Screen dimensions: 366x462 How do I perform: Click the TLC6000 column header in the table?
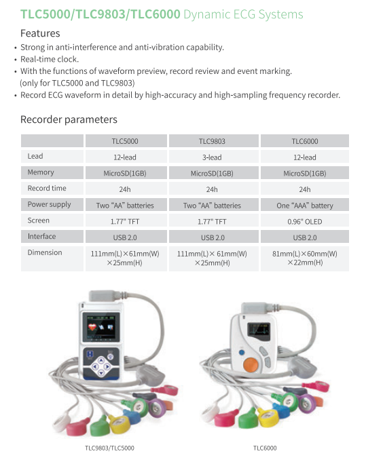pyautogui.click(x=305, y=141)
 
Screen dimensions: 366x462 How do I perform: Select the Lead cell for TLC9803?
pyautogui.click(x=212, y=157)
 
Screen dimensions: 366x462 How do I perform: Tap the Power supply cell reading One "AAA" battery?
pyautogui.click(x=305, y=206)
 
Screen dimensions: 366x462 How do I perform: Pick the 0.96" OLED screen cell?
pyautogui.click(x=305, y=221)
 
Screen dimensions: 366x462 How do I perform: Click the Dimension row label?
pyautogui.click(x=45, y=252)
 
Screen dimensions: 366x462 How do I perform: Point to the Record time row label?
pyautogui.click(x=47, y=188)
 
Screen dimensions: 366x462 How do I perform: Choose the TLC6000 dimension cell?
pyautogui.click(x=305, y=258)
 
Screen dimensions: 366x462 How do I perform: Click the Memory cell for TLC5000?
pyautogui.click(x=125, y=173)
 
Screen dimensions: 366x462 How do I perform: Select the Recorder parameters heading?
pyautogui.click(x=69, y=119)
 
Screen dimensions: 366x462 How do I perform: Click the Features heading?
pyautogui.click(x=40, y=33)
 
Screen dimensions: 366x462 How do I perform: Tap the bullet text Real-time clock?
pyautogui.click(x=50, y=59)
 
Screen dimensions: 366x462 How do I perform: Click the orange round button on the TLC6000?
pyautogui.click(x=251, y=364)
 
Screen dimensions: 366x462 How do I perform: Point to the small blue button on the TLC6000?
pyautogui.click(x=242, y=352)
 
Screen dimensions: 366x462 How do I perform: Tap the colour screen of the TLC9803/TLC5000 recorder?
pyautogui.click(x=101, y=327)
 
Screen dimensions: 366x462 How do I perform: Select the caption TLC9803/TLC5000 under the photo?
pyautogui.click(x=109, y=448)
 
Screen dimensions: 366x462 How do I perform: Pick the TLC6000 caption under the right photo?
pyautogui.click(x=265, y=448)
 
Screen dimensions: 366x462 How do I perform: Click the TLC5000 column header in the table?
pyautogui.click(x=125, y=141)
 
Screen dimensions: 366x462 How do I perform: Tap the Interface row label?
pyautogui.click(x=41, y=236)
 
